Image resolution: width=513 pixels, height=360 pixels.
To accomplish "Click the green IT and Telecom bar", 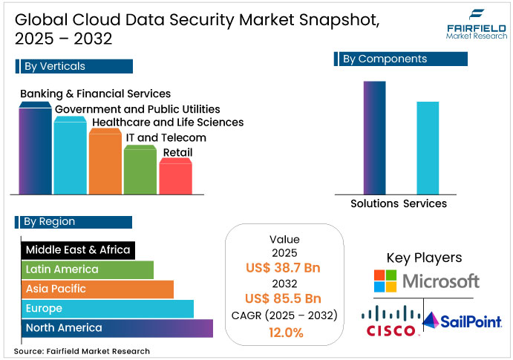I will (x=140, y=171).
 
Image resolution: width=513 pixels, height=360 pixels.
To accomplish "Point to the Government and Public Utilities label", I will (x=137, y=108).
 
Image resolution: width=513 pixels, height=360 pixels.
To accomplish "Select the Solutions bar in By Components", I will (x=374, y=137).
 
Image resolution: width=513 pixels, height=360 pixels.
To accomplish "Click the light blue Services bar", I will (x=428, y=148).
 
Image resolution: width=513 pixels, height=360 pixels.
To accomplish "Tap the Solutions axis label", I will (x=374, y=203).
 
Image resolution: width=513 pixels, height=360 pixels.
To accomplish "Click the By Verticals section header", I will (x=73, y=66).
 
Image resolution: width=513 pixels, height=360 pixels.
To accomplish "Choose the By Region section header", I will (x=73, y=221).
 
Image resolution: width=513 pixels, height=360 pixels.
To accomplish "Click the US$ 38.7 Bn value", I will (x=284, y=268).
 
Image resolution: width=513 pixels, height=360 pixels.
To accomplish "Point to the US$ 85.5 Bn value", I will (x=284, y=299).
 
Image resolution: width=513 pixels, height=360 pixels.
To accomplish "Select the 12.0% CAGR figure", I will (x=284, y=333).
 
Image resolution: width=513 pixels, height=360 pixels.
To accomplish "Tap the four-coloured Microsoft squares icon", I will (x=385, y=281).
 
